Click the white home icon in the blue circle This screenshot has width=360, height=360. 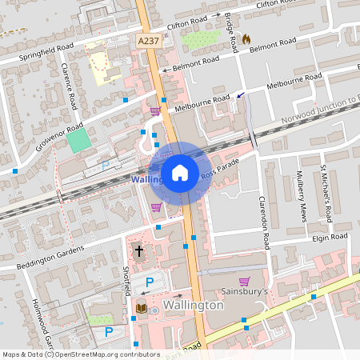click(180, 173)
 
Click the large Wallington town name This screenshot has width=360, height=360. click(192, 306)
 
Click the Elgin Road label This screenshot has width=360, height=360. click(330, 238)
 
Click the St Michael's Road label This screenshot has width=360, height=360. click(326, 194)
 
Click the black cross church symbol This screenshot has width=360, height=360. click(138, 250)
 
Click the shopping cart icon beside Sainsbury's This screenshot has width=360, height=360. click(245, 281)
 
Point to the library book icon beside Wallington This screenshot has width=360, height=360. click(140, 307)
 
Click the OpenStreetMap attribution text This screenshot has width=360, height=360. click(70, 354)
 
